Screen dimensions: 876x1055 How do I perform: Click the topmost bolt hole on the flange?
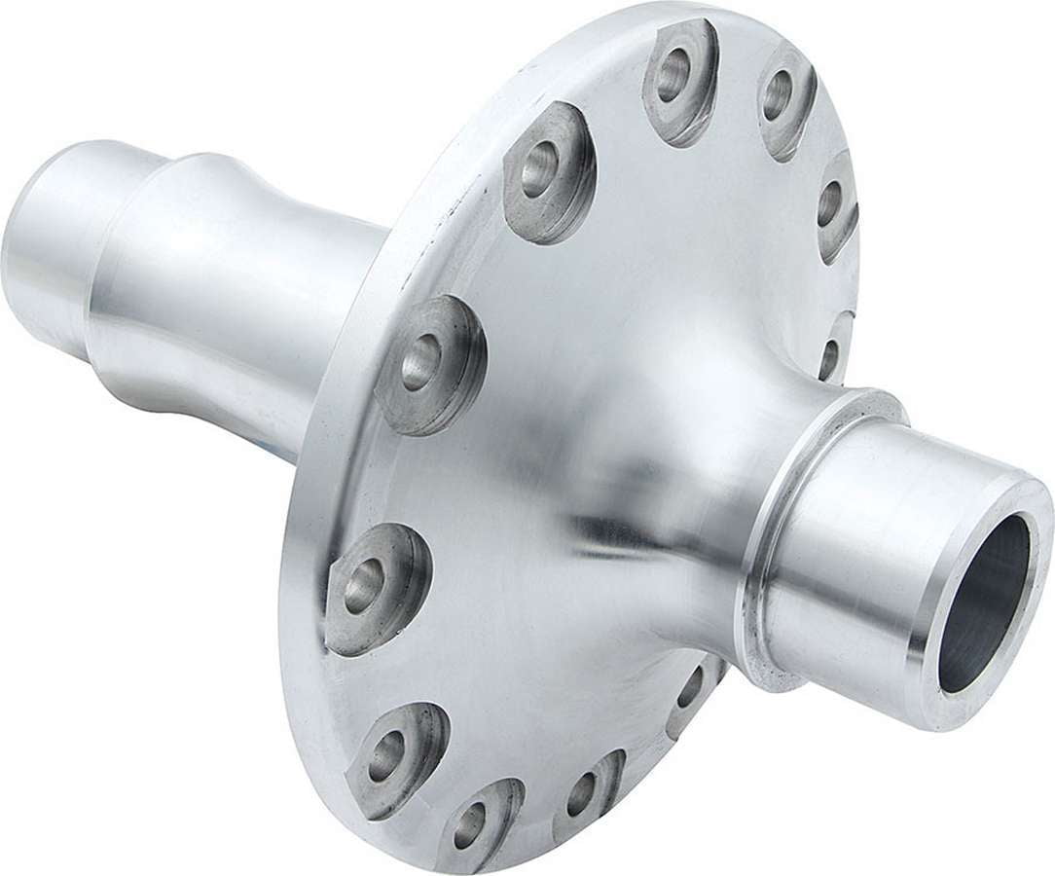coord(673,76)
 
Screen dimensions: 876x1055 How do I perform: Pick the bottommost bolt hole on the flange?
coord(469,825)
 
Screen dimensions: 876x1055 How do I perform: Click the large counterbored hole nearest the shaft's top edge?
coord(541,169)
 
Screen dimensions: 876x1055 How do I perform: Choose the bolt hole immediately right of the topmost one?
coord(779,94)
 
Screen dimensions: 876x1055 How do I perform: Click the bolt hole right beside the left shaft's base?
coord(421,362)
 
